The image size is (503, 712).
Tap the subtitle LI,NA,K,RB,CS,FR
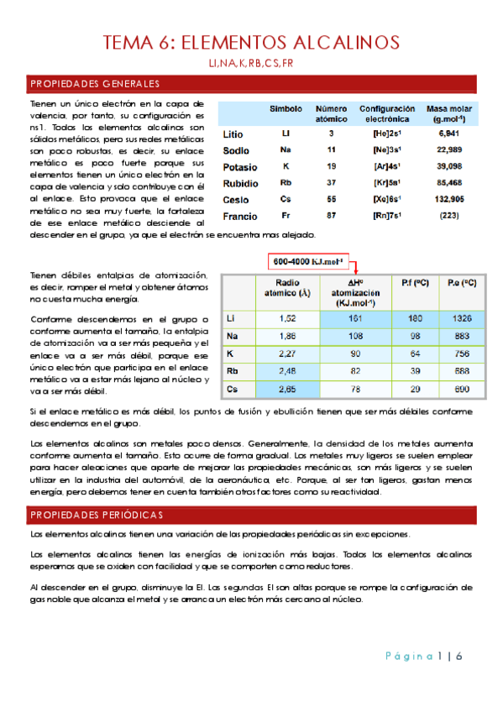click(251, 64)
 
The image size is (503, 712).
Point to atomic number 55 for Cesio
click(331, 199)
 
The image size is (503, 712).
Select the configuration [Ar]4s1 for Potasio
click(386, 166)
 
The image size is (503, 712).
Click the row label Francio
click(241, 216)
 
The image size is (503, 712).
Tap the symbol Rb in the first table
click(286, 183)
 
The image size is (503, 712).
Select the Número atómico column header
click(331, 114)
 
